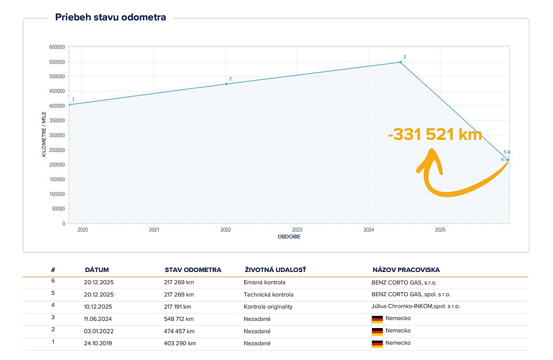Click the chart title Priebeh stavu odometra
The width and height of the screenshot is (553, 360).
pyautogui.click(x=111, y=18)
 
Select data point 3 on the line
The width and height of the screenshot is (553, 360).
pyautogui.click(x=400, y=62)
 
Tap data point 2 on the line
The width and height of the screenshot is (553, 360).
pyautogui.click(x=226, y=84)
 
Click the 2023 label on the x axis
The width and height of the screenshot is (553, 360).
pyautogui.click(x=297, y=230)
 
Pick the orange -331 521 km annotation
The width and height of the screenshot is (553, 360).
pyautogui.click(x=435, y=135)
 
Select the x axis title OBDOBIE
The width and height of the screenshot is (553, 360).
pyautogui.click(x=289, y=237)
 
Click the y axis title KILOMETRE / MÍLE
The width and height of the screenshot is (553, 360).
pyautogui.click(x=44, y=134)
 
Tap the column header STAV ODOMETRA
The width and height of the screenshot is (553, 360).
pyautogui.click(x=193, y=270)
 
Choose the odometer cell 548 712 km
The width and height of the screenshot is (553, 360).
pyautogui.click(x=179, y=319)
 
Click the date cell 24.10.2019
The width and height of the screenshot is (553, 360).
pyautogui.click(x=99, y=343)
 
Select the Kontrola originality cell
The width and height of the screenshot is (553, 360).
pyautogui.click(x=268, y=307)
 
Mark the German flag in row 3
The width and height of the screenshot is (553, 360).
pyautogui.click(x=377, y=319)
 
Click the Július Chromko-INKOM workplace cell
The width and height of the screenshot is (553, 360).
pyautogui.click(x=413, y=306)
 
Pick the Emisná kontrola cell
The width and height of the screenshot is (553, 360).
pyautogui.click(x=264, y=283)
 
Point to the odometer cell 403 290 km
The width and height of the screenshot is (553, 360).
pyautogui.click(x=180, y=343)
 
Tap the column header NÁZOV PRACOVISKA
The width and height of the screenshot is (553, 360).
pyautogui.click(x=406, y=270)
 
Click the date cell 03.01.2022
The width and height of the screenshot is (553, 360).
pyautogui.click(x=99, y=331)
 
